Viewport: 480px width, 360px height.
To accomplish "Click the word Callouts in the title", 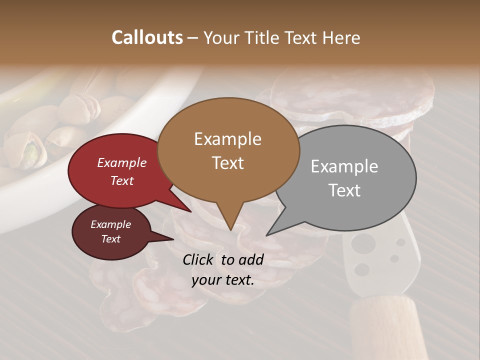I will coord(147,37).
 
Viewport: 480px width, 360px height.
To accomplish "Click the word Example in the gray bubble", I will coord(344,166).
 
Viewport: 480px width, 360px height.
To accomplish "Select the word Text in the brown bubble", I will coord(227,163).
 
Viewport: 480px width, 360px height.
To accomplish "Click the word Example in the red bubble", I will coord(122,163).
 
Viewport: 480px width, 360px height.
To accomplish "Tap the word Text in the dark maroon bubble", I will coord(111,239).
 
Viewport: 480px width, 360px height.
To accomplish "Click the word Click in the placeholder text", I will coord(198,259).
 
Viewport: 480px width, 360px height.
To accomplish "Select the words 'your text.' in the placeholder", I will coord(223,280).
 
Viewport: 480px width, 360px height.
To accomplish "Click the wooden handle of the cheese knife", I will coord(385,325).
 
